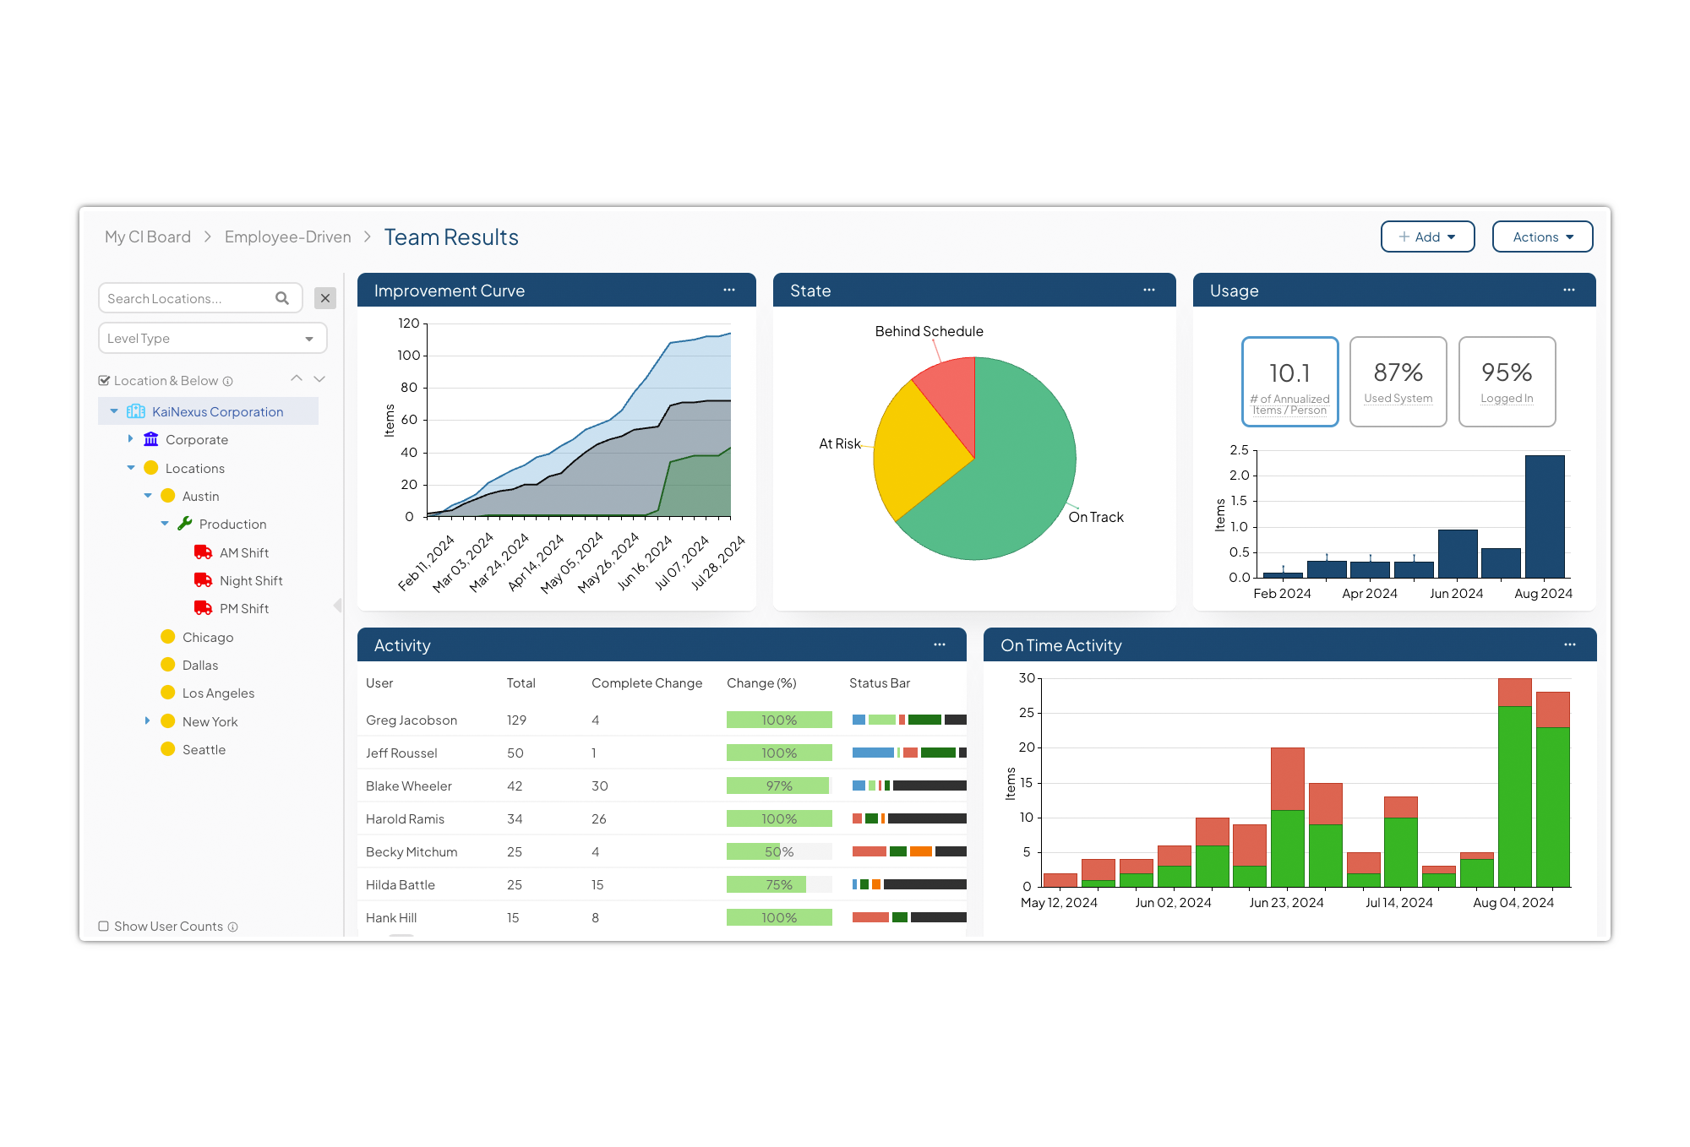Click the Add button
(x=1426, y=237)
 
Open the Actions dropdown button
(x=1541, y=237)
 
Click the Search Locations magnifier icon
(x=282, y=298)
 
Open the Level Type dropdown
(x=212, y=339)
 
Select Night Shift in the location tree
(x=250, y=581)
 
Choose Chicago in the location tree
(x=207, y=638)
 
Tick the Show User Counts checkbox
(x=104, y=927)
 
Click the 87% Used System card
(x=1398, y=382)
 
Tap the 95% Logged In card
(x=1506, y=382)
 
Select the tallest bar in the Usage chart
(x=1544, y=516)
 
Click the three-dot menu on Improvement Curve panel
(x=728, y=291)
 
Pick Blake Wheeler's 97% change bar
(x=778, y=786)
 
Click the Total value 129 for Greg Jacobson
(x=516, y=720)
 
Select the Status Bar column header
(x=879, y=683)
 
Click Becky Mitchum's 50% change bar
(x=778, y=852)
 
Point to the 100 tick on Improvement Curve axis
(x=409, y=356)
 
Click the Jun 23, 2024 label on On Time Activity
(x=1285, y=903)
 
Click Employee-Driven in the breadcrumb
(x=287, y=237)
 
